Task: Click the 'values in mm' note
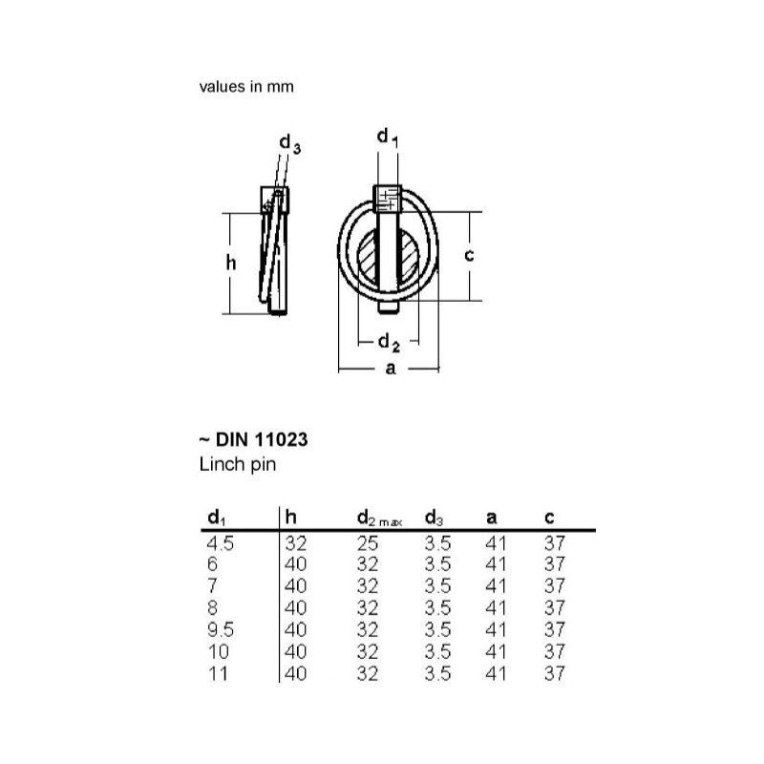246,87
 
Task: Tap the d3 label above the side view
290,143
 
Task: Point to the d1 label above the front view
388,137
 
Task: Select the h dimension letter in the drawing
231,263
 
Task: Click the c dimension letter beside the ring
469,254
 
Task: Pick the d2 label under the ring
389,343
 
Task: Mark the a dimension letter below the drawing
391,369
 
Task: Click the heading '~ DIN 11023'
253,439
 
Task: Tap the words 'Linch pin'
238,464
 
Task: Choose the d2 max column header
379,519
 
